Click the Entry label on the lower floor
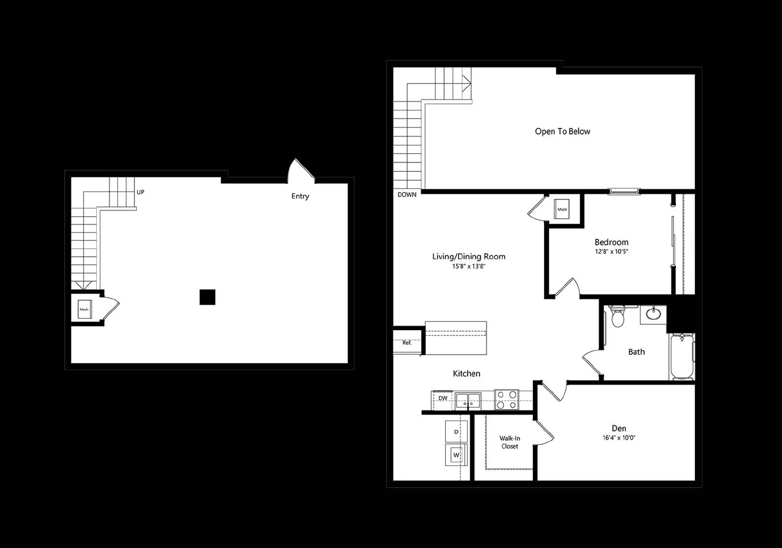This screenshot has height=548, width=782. coord(300,196)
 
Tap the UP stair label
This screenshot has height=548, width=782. coord(140,192)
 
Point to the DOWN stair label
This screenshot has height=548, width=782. coord(407,195)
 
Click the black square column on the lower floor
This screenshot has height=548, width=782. coord(207,297)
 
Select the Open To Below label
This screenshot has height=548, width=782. coord(563,131)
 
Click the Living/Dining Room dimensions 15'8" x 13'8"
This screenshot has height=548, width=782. coord(469,266)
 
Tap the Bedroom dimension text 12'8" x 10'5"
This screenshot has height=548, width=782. coord(611,252)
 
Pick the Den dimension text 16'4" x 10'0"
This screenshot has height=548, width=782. coord(619,438)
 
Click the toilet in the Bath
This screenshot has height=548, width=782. coord(618,316)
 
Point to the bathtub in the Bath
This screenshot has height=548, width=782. coord(682,357)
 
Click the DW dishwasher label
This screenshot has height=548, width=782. coord(443,398)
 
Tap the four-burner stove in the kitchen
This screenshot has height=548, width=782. coord(506,400)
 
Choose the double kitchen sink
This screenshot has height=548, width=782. coord(468,401)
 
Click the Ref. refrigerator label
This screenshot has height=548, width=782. coord(407,343)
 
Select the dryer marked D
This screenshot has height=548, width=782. coord(456,431)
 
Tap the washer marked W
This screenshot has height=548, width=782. coord(456,455)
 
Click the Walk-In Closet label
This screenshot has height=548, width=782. coord(510,443)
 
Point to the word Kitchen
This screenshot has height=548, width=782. coord(466,374)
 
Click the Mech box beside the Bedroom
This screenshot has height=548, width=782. coord(562,209)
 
